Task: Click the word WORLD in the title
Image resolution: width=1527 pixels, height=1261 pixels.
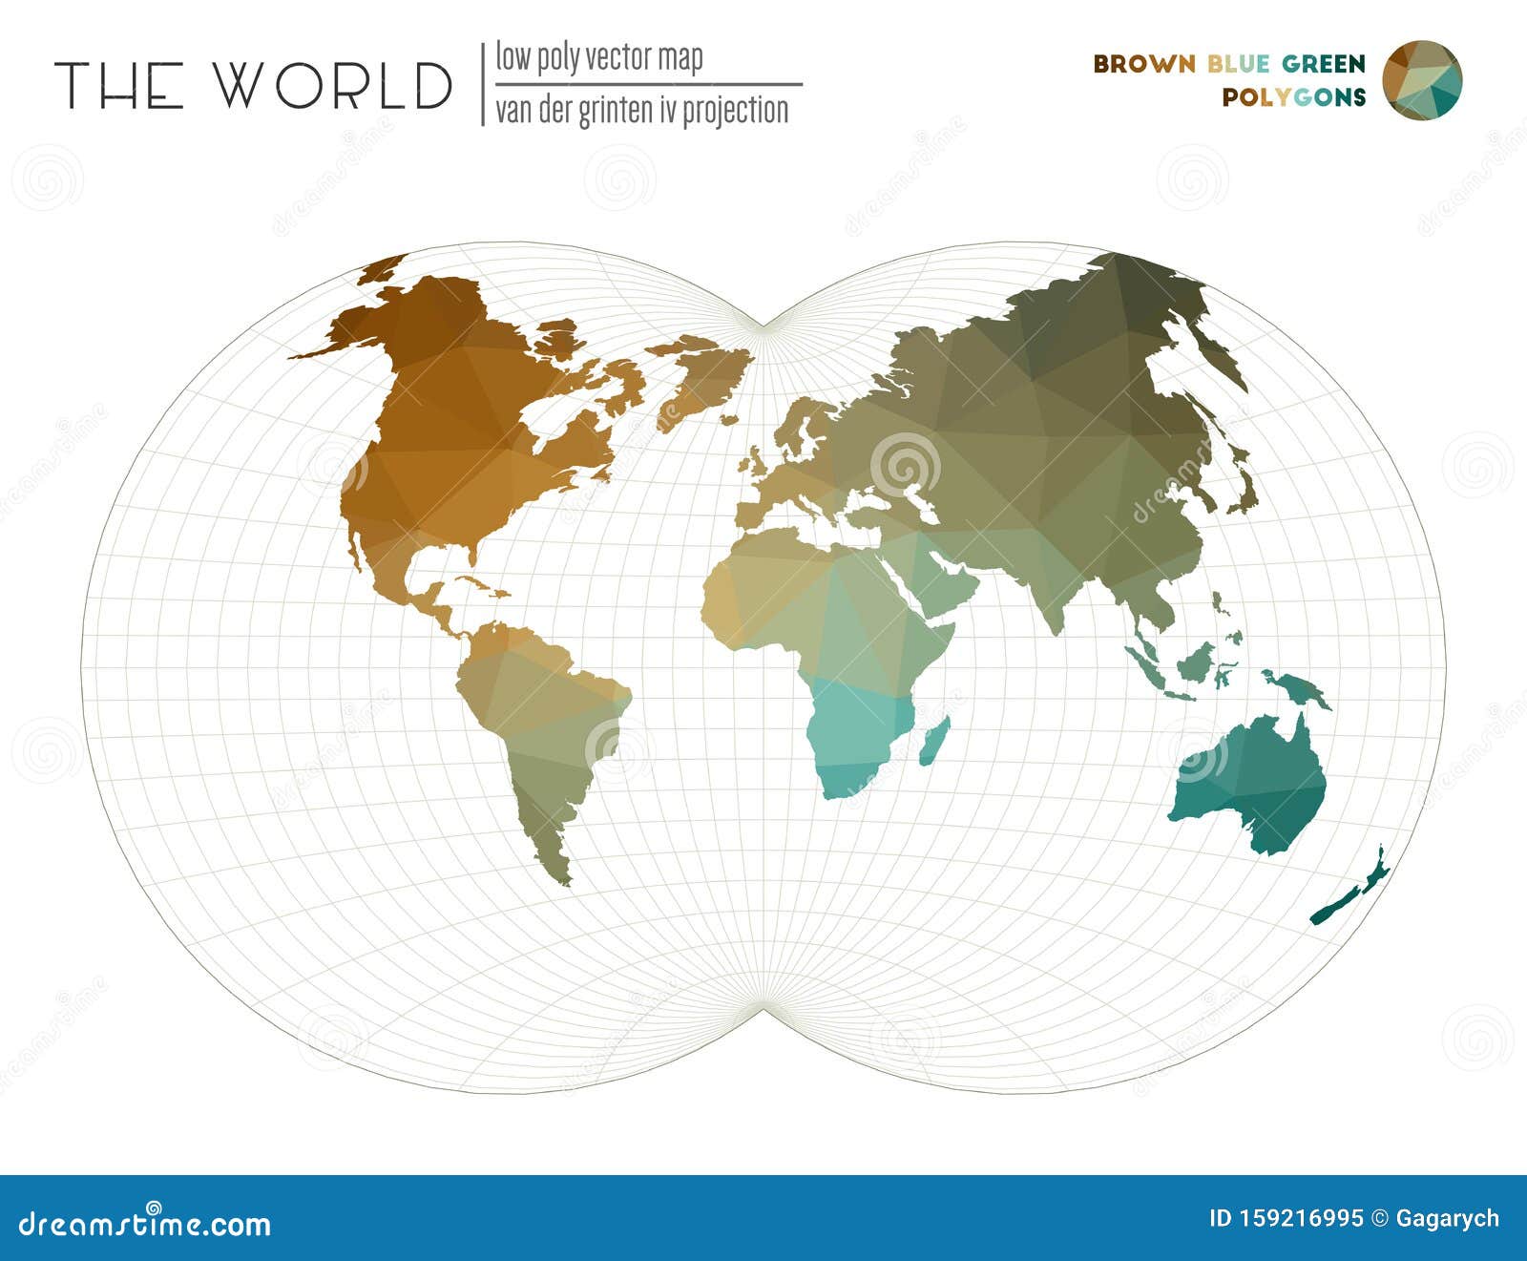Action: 332,85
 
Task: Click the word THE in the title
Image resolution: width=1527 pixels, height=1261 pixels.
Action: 118,85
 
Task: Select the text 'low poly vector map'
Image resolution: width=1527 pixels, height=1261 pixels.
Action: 598,58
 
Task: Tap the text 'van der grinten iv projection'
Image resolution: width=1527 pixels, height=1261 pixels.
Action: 641,110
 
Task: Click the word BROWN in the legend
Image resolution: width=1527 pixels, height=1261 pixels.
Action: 1143,64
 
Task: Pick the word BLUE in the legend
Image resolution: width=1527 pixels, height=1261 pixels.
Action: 1238,64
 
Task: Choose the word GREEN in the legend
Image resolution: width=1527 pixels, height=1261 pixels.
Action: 1324,64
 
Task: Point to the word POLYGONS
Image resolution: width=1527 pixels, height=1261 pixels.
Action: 1293,96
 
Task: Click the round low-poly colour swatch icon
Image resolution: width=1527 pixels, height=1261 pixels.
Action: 1422,80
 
